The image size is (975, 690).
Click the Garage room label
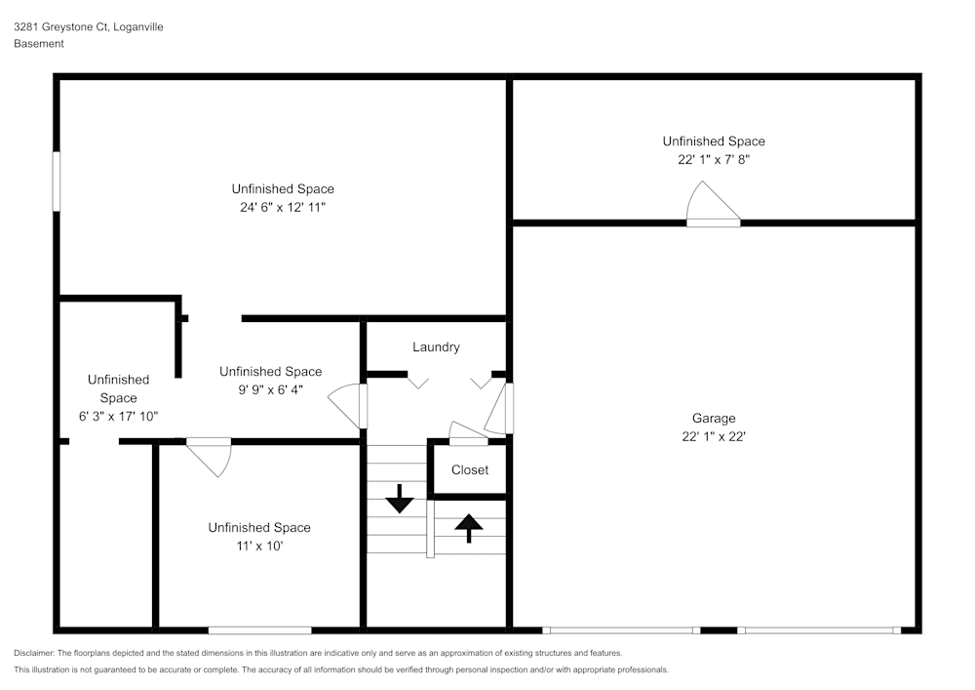[714, 419]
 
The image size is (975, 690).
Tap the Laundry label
[436, 347]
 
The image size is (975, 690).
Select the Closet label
[469, 470]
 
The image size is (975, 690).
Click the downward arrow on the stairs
[400, 501]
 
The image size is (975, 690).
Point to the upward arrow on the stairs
[469, 528]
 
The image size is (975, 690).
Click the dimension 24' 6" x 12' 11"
[283, 208]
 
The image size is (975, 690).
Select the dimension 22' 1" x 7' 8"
[714, 160]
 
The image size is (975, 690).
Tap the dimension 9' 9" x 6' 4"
[270, 389]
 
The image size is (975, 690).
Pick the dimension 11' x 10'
[258, 547]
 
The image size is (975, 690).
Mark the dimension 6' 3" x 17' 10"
[118, 416]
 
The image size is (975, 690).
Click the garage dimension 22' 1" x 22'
[714, 437]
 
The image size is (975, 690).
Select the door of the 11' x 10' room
[208, 455]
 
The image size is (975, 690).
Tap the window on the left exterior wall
[58, 180]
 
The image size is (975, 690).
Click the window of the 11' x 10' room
[259, 630]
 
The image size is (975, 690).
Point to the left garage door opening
[621, 630]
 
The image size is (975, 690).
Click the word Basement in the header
[39, 44]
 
